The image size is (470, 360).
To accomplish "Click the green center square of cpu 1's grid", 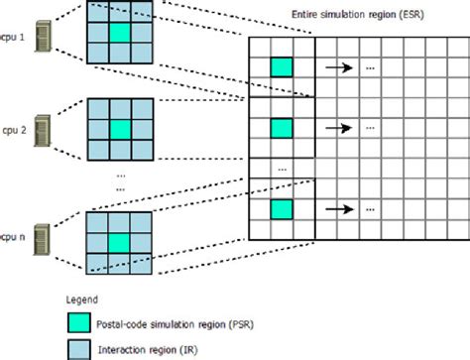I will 120,34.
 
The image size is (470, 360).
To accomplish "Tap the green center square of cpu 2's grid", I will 120,129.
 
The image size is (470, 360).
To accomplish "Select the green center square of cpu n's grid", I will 120,241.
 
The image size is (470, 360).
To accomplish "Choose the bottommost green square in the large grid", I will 282,208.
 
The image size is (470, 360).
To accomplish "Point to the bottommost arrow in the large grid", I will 339,209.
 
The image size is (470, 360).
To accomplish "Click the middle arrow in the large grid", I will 339,128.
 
